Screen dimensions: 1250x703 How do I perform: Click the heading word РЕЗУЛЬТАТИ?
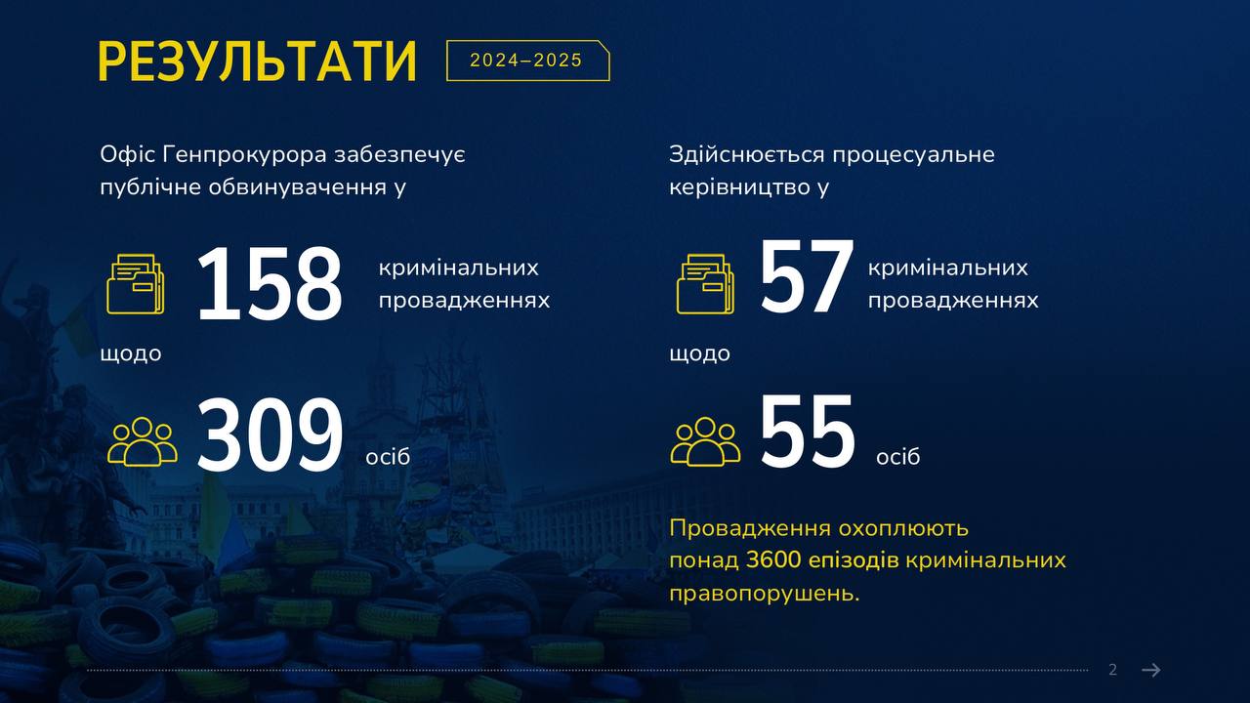257,62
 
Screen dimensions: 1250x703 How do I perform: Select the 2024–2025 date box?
527,61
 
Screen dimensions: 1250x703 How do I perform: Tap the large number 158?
269,284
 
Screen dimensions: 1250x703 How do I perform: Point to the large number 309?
270,434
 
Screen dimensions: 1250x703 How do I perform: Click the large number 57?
807,276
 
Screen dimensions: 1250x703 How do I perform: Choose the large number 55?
807,430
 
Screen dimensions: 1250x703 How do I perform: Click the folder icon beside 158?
136,283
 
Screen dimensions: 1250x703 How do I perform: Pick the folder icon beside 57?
705,283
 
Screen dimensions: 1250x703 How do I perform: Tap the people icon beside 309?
143,441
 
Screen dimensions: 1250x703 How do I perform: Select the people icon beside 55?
705,441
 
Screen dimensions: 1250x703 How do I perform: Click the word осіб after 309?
388,457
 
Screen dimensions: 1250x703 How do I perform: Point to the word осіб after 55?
897,457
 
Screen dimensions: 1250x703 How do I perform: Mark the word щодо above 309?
131,354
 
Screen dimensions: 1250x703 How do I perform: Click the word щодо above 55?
700,354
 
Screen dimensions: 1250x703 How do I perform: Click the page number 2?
1112,670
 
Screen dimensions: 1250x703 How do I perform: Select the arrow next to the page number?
1151,670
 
